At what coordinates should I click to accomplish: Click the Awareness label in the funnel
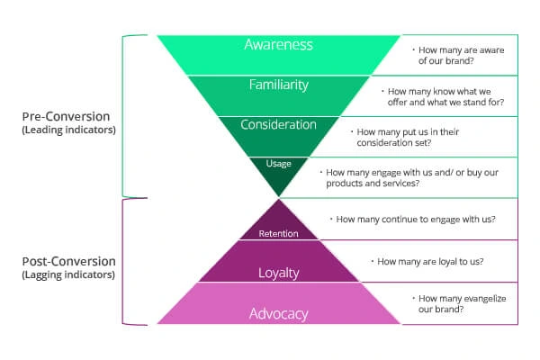[x=279, y=45]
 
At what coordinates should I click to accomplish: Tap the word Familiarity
[x=279, y=85]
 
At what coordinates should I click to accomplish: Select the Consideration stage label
[x=278, y=124]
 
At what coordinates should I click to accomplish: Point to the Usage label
[x=279, y=164]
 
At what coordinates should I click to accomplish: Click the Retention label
[x=279, y=234]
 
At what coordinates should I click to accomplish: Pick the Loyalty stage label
[x=279, y=274]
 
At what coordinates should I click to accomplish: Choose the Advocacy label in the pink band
[x=279, y=314]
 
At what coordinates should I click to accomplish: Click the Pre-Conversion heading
[x=66, y=116]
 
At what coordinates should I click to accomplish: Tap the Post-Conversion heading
[x=69, y=262]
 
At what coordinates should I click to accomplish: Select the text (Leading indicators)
[x=69, y=130]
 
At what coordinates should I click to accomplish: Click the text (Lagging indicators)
[x=68, y=274]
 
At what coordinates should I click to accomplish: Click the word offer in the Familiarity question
[x=398, y=103]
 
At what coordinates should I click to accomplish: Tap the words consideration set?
[x=394, y=142]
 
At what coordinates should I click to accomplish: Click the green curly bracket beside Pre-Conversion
[x=123, y=116]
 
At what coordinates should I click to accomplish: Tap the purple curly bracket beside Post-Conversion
[x=123, y=262]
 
